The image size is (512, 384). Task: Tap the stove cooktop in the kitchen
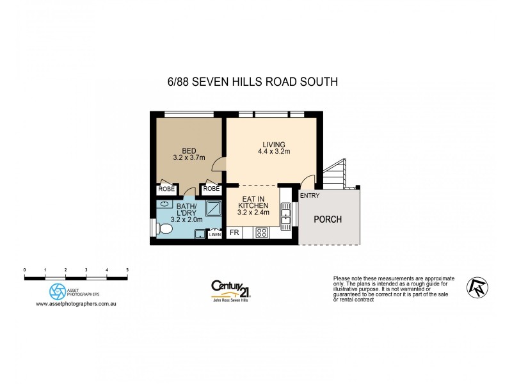261,233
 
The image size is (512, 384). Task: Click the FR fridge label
234,233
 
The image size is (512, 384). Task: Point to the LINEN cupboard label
214,235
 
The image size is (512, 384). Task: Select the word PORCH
327,220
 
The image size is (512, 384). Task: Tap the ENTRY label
310,195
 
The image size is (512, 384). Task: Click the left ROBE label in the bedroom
166,189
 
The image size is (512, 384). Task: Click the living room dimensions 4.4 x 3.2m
273,152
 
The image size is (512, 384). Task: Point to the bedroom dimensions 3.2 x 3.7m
189,157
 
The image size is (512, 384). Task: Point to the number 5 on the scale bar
127,270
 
